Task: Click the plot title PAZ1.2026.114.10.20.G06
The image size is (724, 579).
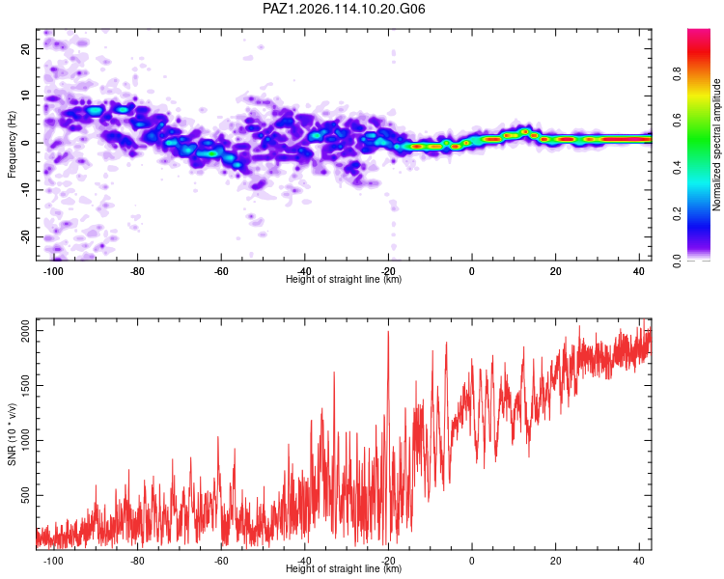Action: (344, 9)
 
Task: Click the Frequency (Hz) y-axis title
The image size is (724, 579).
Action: (12, 145)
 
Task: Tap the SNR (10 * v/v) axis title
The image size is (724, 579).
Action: (12, 434)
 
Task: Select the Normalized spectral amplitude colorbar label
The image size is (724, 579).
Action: (716, 145)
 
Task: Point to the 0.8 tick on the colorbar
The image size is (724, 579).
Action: (677, 73)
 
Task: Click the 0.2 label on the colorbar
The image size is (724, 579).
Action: (677, 214)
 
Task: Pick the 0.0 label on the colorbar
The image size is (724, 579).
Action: (677, 261)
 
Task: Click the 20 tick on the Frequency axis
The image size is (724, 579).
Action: (25, 48)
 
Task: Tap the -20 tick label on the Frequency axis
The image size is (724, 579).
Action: (25, 236)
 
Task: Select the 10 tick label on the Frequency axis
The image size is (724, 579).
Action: (25, 96)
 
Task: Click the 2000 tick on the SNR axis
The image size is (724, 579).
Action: (25, 331)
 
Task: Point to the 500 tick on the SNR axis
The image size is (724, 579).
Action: (25, 495)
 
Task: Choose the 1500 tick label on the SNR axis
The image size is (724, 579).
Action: (25, 386)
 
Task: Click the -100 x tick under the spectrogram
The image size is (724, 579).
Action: (53, 271)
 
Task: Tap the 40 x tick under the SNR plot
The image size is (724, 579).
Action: (639, 561)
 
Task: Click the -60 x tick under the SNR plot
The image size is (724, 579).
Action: (221, 561)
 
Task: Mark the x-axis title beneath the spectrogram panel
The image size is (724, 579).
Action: (344, 279)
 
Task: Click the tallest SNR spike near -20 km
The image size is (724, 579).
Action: (388, 332)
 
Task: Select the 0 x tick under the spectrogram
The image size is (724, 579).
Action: (471, 271)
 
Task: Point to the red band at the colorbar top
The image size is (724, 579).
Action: (699, 51)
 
